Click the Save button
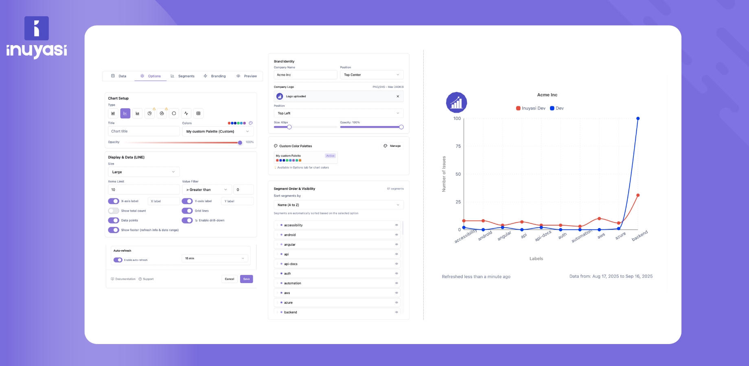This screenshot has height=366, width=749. (x=246, y=279)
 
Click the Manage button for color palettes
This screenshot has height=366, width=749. (x=392, y=146)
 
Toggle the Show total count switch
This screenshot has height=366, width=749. (x=114, y=211)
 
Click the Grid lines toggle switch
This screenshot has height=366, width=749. (x=187, y=211)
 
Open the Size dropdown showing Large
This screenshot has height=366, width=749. (x=143, y=172)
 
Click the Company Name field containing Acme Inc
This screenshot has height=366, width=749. (x=305, y=75)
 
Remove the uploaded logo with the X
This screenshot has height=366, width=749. (x=398, y=96)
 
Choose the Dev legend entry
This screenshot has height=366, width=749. (x=557, y=108)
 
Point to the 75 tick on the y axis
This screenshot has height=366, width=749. (x=458, y=146)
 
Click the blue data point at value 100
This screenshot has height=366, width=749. (x=638, y=118)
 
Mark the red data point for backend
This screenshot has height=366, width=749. (x=638, y=195)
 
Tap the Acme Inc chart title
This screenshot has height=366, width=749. (x=547, y=95)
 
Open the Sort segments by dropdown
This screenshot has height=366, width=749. (x=338, y=205)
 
